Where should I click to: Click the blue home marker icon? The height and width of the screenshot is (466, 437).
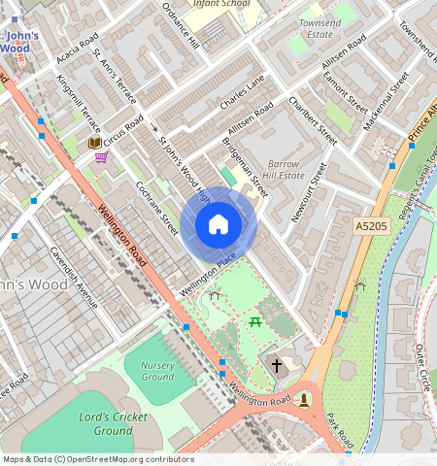tap(218, 225)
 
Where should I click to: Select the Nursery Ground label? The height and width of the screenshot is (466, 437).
tap(157, 370)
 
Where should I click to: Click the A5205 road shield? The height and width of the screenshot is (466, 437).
tap(370, 226)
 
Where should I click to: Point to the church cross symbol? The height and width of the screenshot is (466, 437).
tap(277, 366)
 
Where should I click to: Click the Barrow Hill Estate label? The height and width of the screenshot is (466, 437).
tap(286, 170)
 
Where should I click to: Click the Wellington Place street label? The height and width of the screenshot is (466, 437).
tap(208, 275)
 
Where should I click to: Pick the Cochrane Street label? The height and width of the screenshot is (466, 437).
tap(156, 208)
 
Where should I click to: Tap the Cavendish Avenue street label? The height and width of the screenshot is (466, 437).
tap(74, 277)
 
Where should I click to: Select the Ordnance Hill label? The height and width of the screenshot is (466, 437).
tap(180, 26)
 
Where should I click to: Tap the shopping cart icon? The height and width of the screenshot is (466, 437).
tap(101, 157)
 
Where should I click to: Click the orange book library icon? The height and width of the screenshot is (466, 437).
tap(94, 143)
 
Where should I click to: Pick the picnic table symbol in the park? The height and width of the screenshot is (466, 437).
tap(255, 321)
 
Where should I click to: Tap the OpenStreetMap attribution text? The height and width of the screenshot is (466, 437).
tap(97, 459)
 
